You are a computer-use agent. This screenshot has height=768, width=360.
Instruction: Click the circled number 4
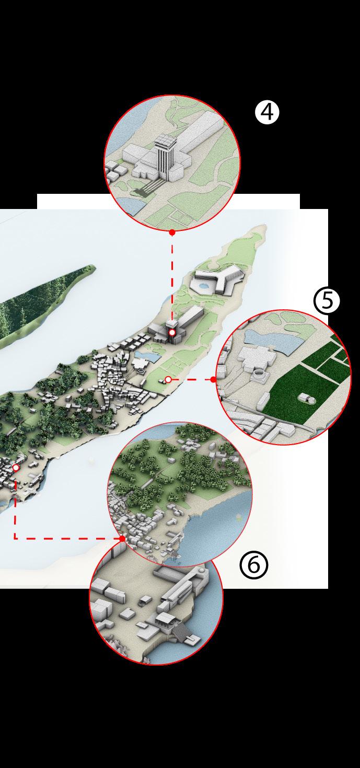[267, 112]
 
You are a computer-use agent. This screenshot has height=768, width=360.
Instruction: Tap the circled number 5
[327, 300]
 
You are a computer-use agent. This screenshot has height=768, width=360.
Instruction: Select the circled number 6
[253, 565]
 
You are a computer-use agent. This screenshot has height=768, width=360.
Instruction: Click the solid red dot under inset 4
[172, 232]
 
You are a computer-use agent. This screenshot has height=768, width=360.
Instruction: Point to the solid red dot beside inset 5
[213, 379]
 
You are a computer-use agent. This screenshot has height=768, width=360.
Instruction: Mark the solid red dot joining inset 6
[122, 539]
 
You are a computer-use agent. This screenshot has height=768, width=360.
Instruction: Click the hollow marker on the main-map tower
[172, 333]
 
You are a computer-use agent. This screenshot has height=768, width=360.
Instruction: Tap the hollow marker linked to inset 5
[168, 379]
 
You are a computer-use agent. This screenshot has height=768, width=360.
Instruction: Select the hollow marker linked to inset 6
[16, 467]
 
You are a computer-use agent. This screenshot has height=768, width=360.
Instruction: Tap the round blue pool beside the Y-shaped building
[204, 285]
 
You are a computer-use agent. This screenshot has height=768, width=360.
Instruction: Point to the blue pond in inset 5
[274, 341]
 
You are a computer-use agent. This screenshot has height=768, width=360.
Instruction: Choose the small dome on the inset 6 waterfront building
[201, 570]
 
